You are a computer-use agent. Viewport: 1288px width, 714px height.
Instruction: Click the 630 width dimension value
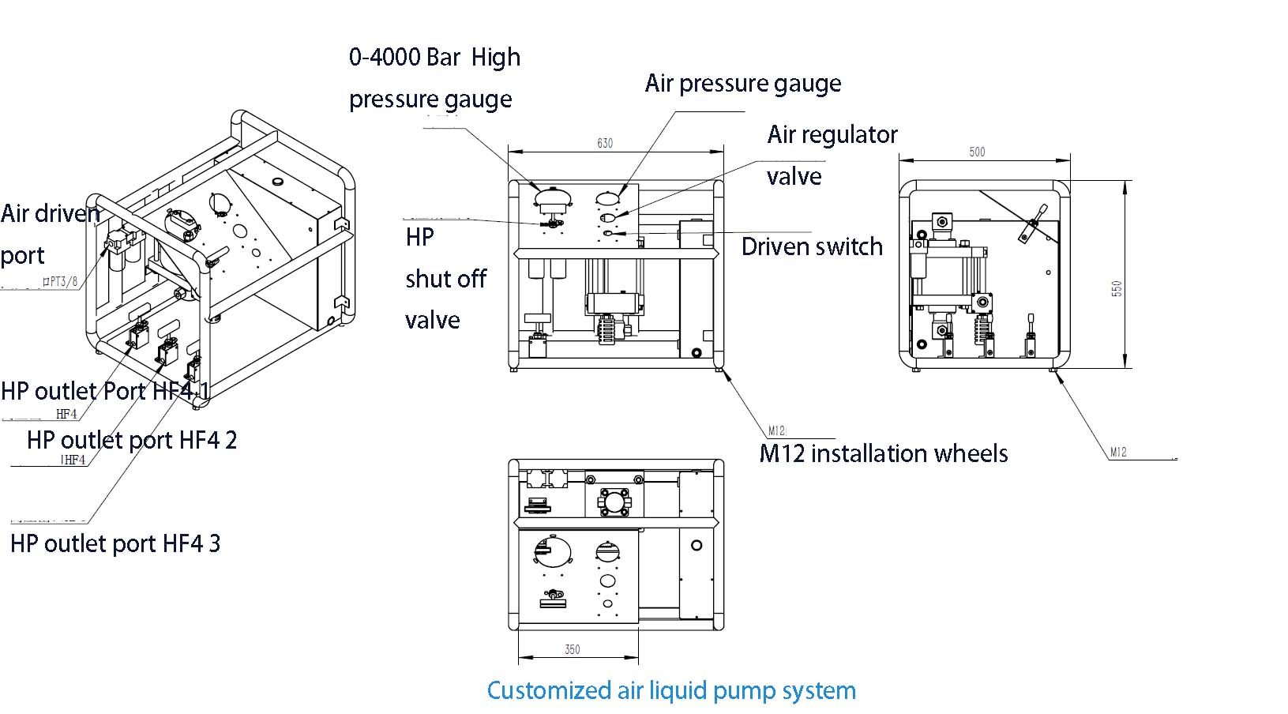[604, 143]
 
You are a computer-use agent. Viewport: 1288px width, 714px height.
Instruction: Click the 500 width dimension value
[977, 152]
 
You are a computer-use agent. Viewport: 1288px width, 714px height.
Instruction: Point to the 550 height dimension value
[1117, 288]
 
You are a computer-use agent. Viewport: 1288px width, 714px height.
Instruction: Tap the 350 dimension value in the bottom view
[573, 649]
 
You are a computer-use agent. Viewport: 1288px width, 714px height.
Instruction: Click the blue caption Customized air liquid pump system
[671, 690]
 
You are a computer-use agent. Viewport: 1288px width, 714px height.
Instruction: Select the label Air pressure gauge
[742, 84]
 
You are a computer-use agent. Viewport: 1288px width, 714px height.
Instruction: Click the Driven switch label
[812, 246]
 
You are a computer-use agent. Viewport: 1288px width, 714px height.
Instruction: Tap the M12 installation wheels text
[883, 453]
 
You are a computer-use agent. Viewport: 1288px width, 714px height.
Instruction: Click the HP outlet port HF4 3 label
[115, 543]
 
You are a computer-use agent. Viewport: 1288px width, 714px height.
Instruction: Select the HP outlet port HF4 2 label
[132, 440]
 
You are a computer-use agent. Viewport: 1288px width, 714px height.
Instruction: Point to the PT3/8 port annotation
[61, 281]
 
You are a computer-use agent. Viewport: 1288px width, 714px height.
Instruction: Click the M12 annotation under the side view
[1118, 453]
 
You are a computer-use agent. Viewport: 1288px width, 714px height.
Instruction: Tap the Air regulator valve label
[832, 155]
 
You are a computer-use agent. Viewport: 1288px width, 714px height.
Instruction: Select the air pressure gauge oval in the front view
[608, 197]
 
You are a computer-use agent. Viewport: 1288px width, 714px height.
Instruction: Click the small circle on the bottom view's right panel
[697, 545]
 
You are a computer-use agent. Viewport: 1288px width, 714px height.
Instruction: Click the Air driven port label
[51, 235]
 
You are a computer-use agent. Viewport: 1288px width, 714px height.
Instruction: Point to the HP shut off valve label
[445, 278]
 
